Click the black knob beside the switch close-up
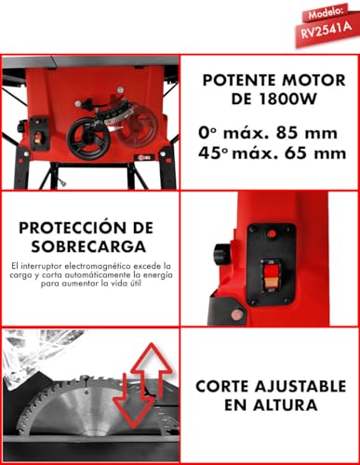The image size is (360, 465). [220, 253]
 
